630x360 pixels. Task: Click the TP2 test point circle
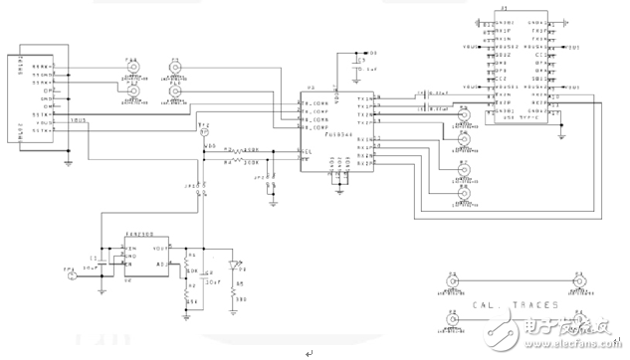(206, 131)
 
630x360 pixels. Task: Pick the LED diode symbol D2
(234, 266)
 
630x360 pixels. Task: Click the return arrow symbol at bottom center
(308, 353)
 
